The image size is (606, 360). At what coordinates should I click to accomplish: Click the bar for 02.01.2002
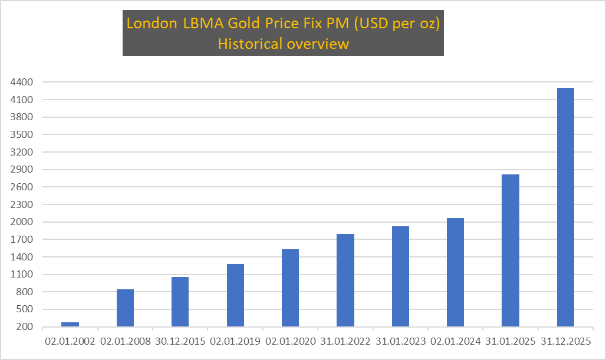70,324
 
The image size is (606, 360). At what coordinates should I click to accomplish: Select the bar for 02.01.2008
125,308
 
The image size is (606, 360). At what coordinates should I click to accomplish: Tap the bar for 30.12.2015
180,302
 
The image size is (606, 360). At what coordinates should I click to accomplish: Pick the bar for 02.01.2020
290,288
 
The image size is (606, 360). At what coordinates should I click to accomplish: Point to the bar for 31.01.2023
400,276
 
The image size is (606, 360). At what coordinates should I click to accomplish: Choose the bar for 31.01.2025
511,250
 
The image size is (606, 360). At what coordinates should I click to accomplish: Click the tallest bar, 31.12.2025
565,207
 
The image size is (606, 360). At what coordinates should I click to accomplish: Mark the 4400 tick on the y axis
21,82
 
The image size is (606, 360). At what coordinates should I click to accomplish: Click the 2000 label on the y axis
21,222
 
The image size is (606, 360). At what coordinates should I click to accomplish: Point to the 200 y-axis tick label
24,327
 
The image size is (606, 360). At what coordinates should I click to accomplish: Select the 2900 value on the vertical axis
21,170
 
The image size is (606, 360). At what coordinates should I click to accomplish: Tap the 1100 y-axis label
21,275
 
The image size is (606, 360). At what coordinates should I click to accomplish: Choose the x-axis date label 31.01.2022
345,342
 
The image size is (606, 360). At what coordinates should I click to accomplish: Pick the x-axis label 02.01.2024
455,342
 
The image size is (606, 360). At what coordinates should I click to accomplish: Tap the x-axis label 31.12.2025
565,342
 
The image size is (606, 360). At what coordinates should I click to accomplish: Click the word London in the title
151,25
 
